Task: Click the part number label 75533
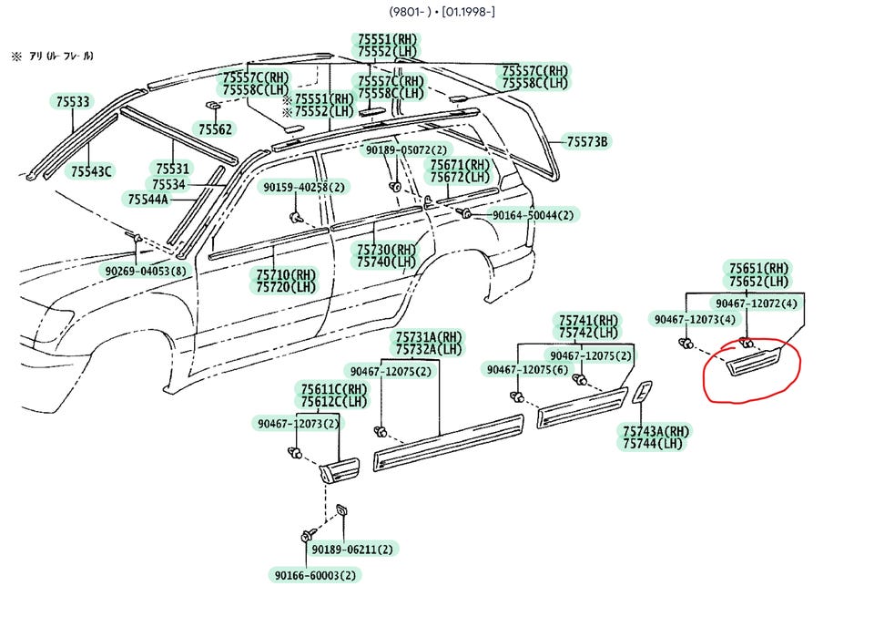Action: pos(73,101)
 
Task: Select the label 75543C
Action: pos(91,171)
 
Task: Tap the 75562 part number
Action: pos(215,129)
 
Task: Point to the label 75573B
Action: pos(587,141)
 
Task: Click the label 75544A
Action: pos(147,199)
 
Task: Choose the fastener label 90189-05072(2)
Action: pos(406,150)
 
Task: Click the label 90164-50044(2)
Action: pos(533,215)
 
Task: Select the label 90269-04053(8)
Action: pos(146,271)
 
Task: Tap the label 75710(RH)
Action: pos(286,274)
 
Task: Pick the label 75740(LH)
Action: pos(386,262)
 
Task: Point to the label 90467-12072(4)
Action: pos(757,303)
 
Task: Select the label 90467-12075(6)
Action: pos(527,369)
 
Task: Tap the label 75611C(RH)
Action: pos(334,389)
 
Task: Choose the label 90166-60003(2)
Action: pos(315,574)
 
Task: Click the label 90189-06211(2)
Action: pos(352,550)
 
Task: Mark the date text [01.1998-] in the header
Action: pos(468,11)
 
